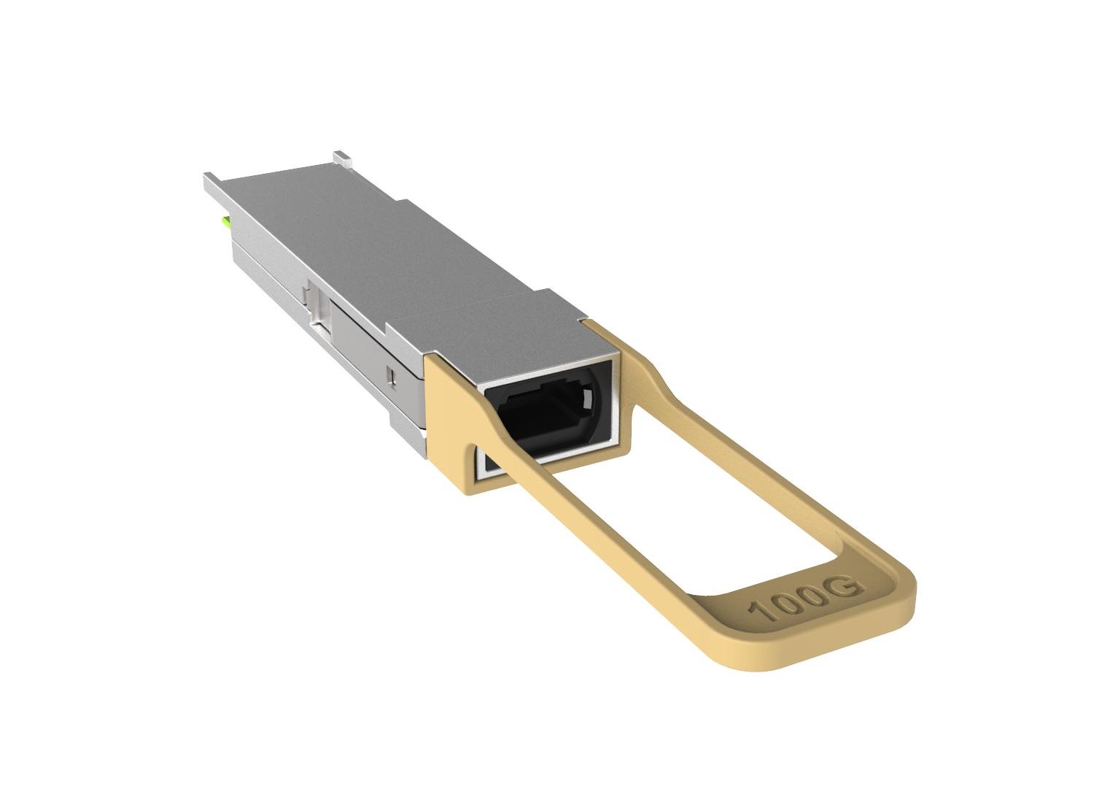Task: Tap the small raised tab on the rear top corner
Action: (341, 157)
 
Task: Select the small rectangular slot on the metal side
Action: (392, 376)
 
